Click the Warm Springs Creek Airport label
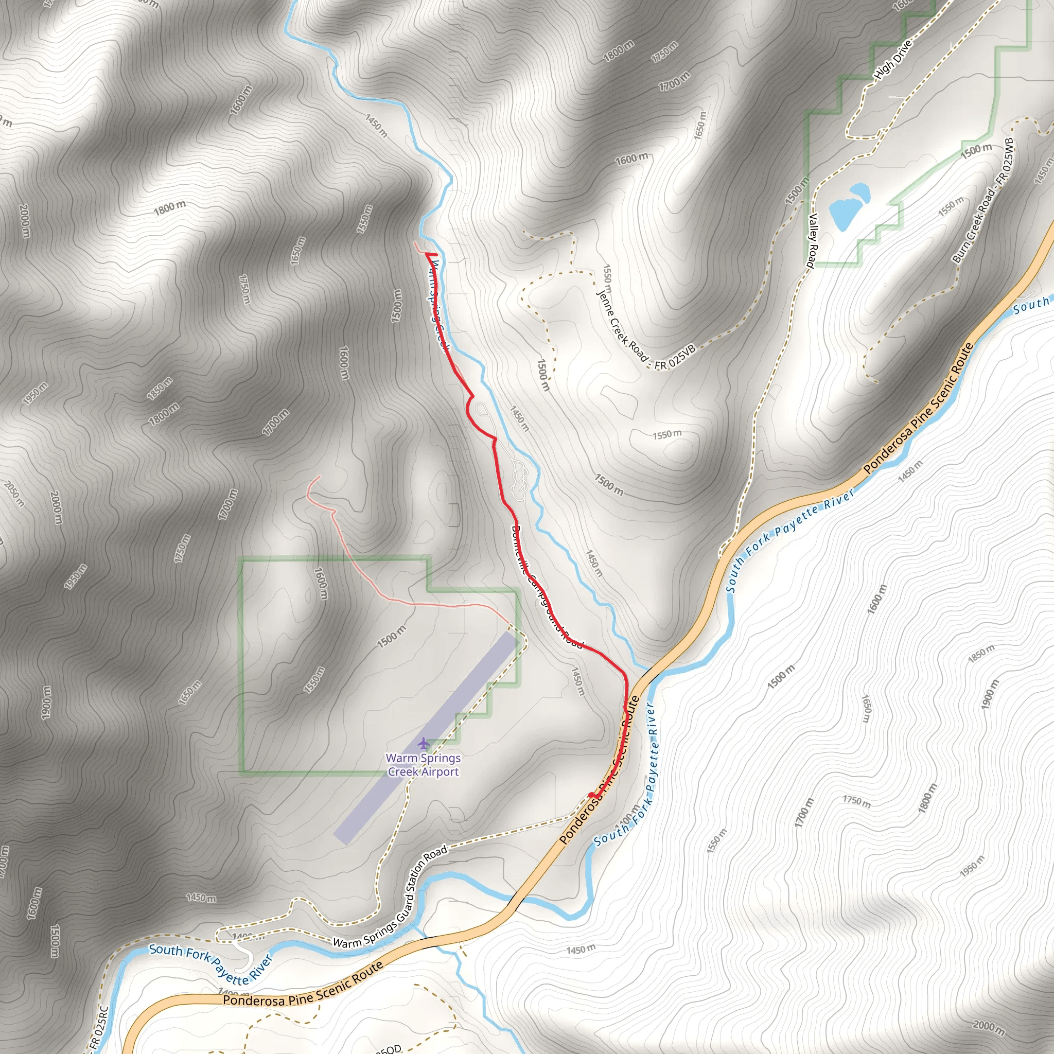[x=424, y=765]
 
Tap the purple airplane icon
[x=424, y=743]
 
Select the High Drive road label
[x=892, y=60]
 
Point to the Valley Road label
[x=812, y=240]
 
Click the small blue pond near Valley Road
[x=849, y=207]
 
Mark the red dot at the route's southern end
[x=591, y=795]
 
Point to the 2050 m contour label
[x=14, y=493]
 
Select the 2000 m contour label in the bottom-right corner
[x=988, y=1027]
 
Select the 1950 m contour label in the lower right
[x=972, y=866]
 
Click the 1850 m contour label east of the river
[x=981, y=653]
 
